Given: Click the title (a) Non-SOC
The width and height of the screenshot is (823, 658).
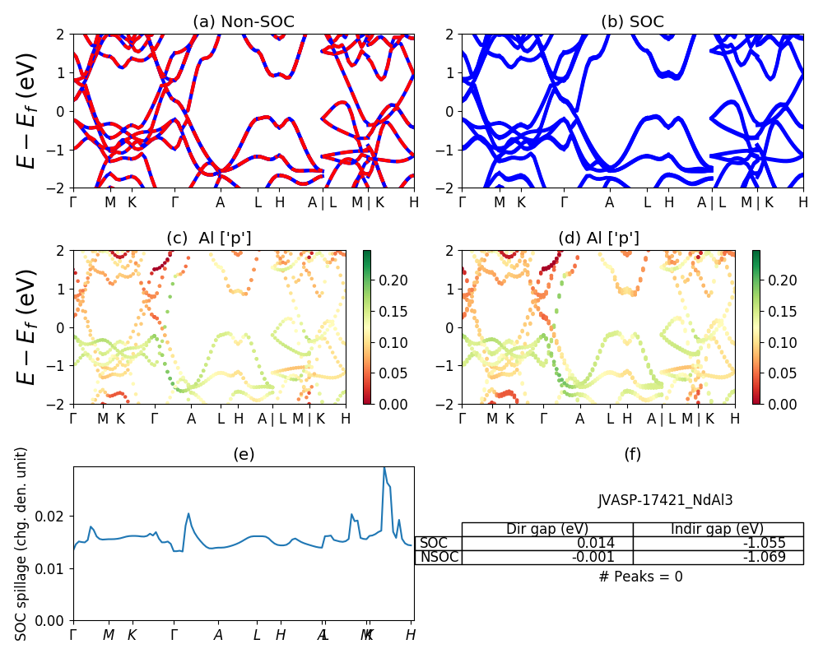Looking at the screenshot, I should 243,22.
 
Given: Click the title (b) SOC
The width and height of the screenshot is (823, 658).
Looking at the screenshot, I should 632,22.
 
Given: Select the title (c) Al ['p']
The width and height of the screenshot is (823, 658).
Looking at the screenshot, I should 209,238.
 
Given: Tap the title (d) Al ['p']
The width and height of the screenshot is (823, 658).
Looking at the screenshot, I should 598,238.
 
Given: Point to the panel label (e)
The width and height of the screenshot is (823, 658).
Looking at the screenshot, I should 243,455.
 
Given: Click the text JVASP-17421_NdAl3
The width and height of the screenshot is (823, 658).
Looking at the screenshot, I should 665,499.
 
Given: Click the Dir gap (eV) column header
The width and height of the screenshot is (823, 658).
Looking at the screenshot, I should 546,529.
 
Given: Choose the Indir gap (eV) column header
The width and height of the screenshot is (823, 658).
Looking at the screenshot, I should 718,529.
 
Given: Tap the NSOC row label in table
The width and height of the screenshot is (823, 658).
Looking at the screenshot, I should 438,558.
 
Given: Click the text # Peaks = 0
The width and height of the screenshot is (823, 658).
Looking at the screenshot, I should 640,577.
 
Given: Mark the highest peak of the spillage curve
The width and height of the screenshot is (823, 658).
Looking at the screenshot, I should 384,468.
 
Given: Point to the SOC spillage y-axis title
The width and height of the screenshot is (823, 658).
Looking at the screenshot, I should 22,544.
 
